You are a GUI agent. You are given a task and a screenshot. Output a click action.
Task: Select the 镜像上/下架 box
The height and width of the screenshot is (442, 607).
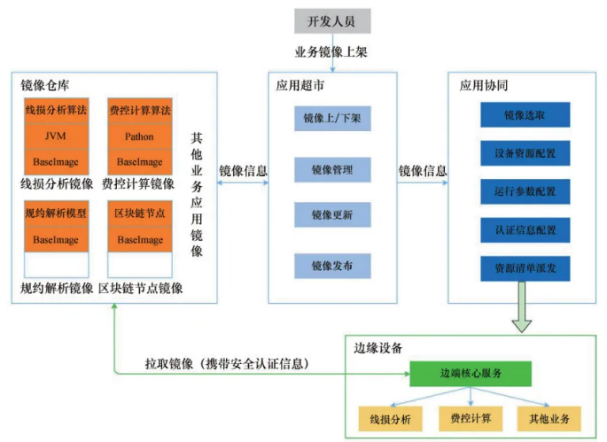point(332,119)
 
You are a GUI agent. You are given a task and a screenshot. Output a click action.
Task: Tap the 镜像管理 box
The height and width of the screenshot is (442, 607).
point(332,168)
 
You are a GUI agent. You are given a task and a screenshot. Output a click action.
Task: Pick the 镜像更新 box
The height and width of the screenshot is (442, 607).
point(332,216)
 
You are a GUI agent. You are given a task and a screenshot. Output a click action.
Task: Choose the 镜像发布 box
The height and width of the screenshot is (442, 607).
point(332,265)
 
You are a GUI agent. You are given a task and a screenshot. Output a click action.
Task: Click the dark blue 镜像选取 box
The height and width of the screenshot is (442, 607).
point(525,115)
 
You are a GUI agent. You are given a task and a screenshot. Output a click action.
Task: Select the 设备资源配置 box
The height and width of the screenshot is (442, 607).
point(525,153)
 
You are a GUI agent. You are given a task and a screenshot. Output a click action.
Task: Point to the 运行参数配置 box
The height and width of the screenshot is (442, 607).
point(525,191)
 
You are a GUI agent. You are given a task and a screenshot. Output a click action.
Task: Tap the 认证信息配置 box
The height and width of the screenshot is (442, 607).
point(525,229)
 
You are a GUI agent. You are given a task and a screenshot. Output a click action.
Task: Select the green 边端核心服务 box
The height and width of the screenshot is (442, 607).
point(469,374)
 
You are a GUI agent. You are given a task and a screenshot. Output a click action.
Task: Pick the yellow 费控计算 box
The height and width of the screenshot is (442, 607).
point(471,417)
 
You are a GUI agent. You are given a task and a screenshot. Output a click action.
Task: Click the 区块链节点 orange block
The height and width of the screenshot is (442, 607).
point(139,214)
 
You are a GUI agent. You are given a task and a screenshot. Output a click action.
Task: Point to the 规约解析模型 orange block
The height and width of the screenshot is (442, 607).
point(56,214)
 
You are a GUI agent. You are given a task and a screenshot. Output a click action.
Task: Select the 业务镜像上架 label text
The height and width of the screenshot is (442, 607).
point(331,52)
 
